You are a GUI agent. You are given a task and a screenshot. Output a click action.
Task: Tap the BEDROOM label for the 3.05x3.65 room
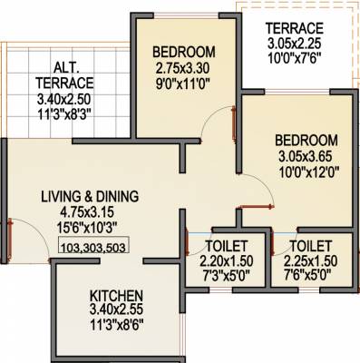point(307,141)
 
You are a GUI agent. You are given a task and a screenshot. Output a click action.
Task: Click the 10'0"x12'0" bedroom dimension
point(307,171)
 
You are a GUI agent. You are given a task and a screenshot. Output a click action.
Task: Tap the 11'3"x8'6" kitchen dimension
point(119,325)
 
